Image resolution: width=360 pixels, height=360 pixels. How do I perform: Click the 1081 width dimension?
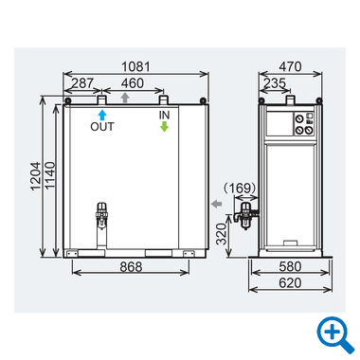click(135, 66)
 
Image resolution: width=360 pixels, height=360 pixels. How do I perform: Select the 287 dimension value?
click(82, 83)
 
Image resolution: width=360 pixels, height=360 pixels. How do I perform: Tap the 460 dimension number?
click(133, 83)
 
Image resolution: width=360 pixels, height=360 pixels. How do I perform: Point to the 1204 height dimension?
click(36, 176)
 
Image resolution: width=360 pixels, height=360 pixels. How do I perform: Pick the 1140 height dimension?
click(50, 176)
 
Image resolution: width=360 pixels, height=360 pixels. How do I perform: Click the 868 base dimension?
click(131, 267)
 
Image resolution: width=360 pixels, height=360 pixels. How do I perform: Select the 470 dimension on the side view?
click(290, 66)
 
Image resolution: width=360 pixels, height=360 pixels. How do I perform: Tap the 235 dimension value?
click(275, 83)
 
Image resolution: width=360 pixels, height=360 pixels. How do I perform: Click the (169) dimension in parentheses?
click(240, 189)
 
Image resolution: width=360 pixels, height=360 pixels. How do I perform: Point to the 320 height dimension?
click(222, 234)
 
